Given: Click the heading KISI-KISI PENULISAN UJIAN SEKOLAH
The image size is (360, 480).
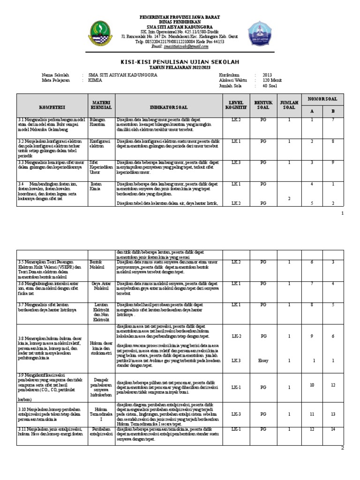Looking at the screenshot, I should tap(180, 62).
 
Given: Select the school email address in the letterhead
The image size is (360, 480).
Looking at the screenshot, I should tap(180, 46).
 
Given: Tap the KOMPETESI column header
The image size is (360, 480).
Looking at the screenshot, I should tap(52, 107).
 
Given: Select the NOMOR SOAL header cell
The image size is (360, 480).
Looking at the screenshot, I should tap(322, 99).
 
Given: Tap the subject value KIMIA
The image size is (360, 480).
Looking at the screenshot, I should tap(95, 80).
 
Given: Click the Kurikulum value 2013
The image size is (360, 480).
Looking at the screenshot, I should tap(267, 75).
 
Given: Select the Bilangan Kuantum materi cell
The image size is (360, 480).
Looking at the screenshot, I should tap(98, 122).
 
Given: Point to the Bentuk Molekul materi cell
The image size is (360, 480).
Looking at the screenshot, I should tap(97, 264).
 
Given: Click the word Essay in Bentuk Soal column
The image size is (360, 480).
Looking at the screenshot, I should tap(263, 360).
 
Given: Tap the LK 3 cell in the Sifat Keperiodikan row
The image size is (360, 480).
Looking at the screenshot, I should tap(235, 162).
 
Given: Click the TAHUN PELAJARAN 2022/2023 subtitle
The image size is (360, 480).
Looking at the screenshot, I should tap(180, 67).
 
